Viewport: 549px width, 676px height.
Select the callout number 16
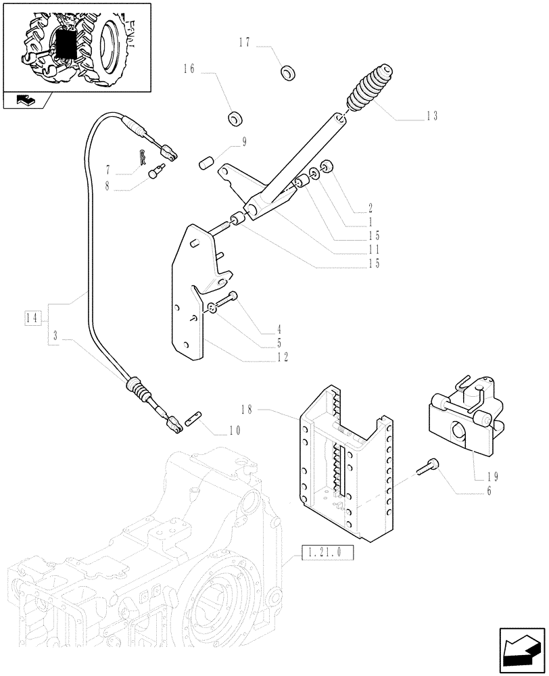pos(189,68)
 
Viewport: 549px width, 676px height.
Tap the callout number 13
pos(431,116)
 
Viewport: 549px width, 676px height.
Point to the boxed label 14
pos(32,317)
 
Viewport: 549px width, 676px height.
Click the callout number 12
pos(283,356)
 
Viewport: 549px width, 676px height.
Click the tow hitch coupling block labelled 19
pos(464,420)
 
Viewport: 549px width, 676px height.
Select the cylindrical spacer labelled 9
pos(206,164)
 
